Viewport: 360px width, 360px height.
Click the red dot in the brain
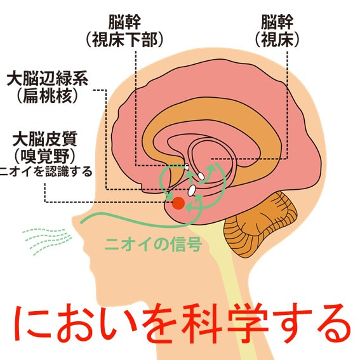pyautogui.click(x=178, y=203)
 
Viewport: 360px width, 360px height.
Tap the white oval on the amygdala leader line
pyautogui.click(x=192, y=190)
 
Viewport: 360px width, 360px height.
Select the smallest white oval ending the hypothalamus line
pyautogui.click(x=187, y=167)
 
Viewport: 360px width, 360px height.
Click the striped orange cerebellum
pyautogui.click(x=260, y=224)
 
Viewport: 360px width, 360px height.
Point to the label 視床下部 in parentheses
pyautogui.click(x=125, y=40)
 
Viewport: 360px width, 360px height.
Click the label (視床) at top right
pyautogui.click(x=277, y=40)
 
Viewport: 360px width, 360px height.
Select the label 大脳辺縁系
pyautogui.click(x=48, y=79)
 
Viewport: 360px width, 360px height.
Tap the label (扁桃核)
pyautogui.click(x=48, y=96)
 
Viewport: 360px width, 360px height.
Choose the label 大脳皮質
pyautogui.click(x=45, y=139)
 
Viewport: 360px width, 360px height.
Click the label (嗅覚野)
pyautogui.click(x=45, y=156)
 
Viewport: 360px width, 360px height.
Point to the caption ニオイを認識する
pyautogui.click(x=46, y=171)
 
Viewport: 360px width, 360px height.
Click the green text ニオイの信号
pyautogui.click(x=153, y=244)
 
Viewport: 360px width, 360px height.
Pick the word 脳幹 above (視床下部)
pyautogui.click(x=124, y=22)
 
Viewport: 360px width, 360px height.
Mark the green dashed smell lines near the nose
pyautogui.click(x=47, y=241)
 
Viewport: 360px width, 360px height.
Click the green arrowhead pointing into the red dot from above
pyautogui.click(x=170, y=197)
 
